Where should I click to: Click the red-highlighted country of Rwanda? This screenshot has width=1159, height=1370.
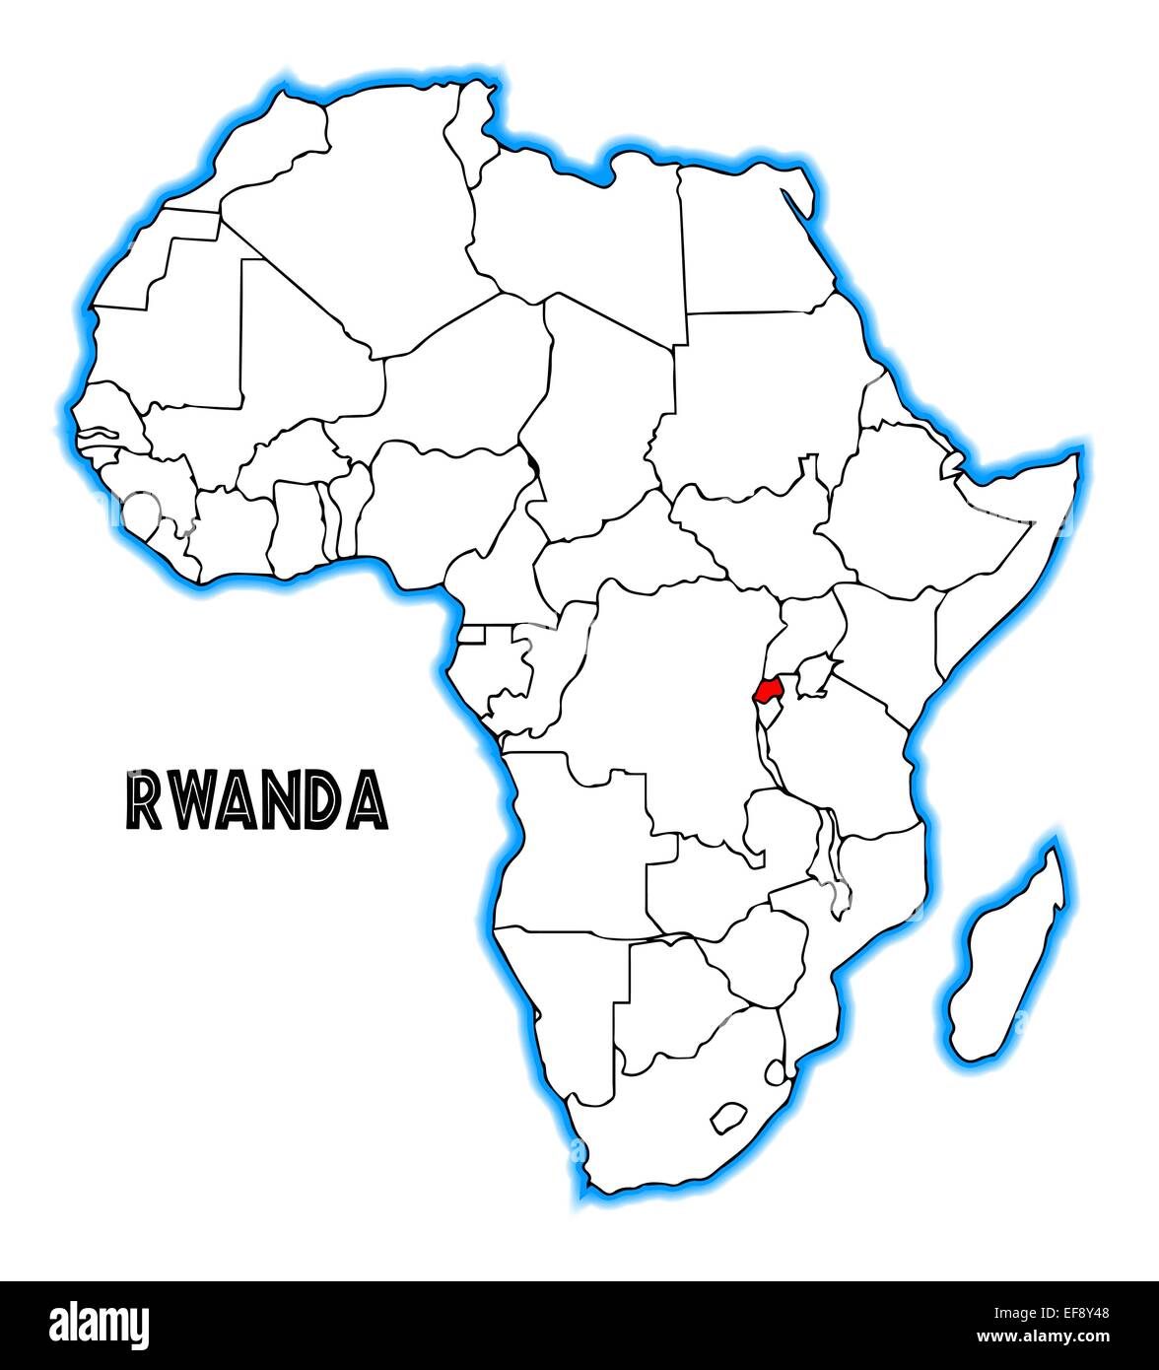[x=769, y=687]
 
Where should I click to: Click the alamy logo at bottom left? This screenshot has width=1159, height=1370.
[x=100, y=1325]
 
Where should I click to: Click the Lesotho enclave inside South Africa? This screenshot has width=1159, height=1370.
[x=728, y=1117]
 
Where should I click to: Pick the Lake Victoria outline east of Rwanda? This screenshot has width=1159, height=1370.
[x=814, y=679]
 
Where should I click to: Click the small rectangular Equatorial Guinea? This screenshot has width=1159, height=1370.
[x=472, y=635]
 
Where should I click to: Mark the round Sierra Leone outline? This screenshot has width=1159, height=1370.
[x=141, y=511]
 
